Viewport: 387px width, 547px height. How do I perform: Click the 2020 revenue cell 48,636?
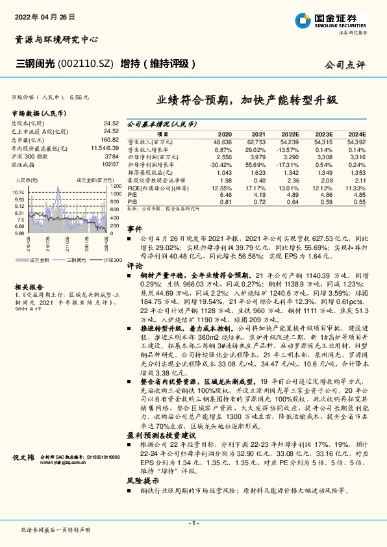[222, 141]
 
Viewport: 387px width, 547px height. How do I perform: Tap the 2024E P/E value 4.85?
[358, 194]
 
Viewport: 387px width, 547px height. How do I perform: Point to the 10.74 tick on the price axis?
[18, 193]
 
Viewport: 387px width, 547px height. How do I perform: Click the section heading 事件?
[134, 229]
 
